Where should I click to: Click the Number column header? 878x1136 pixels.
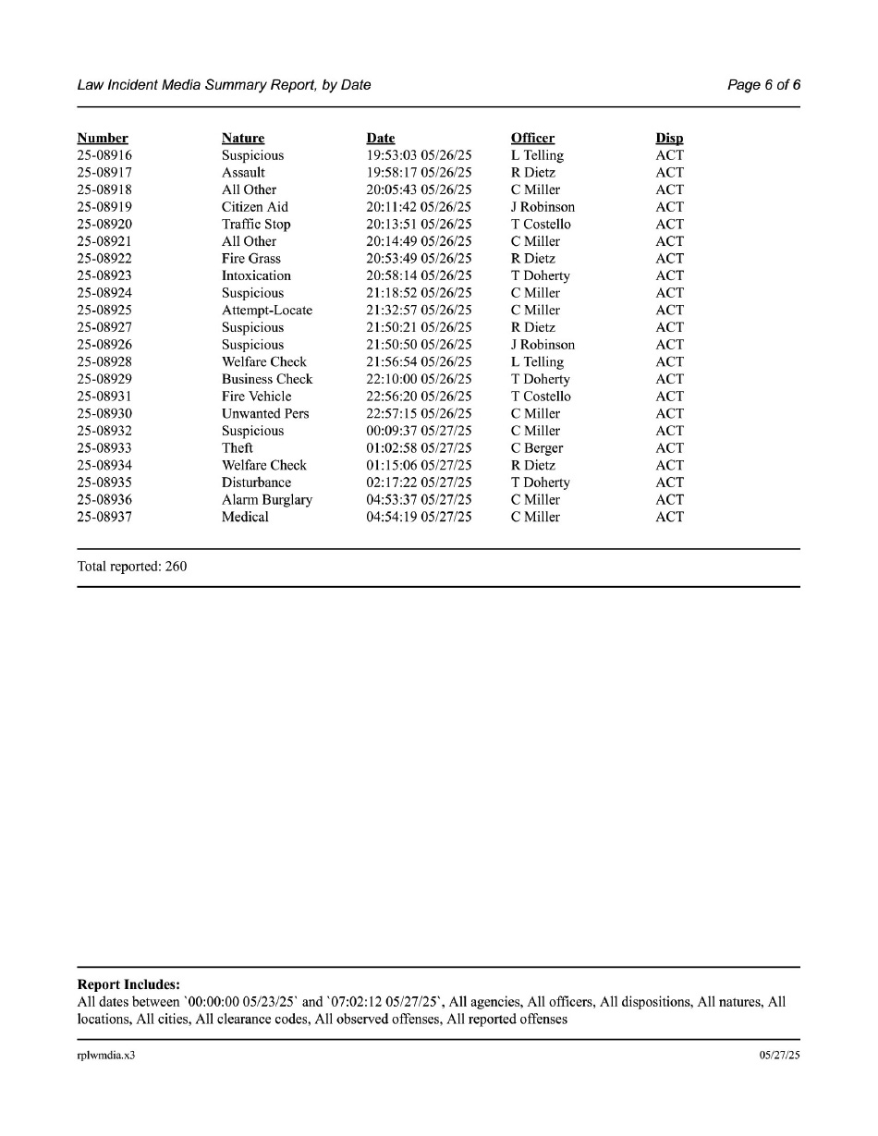pyautogui.click(x=103, y=139)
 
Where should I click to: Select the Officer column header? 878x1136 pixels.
pyautogui.click(x=532, y=139)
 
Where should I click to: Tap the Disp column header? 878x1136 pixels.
pyautogui.click(x=669, y=139)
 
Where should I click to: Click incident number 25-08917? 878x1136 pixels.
pyautogui.click(x=104, y=173)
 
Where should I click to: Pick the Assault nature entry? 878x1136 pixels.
pyautogui.click(x=243, y=173)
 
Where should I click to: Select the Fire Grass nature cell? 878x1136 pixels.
pyautogui.click(x=250, y=259)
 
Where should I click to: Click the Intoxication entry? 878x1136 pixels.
pyautogui.click(x=256, y=275)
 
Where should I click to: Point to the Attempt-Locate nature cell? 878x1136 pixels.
pyautogui.click(x=267, y=311)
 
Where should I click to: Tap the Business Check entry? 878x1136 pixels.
pyautogui.click(x=267, y=379)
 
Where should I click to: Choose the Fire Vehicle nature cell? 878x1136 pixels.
pyautogui.click(x=256, y=397)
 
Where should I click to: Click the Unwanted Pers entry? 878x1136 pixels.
pyautogui.click(x=265, y=413)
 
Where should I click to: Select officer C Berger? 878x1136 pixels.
pyautogui.click(x=537, y=448)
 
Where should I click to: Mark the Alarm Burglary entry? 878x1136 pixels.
pyautogui.click(x=267, y=500)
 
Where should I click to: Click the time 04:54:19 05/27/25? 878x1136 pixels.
pyautogui.click(x=419, y=517)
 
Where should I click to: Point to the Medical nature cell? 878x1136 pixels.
pyautogui.click(x=245, y=517)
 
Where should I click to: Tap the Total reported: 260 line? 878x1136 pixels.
pyautogui.click(x=132, y=567)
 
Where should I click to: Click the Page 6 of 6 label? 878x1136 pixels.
pyautogui.click(x=763, y=85)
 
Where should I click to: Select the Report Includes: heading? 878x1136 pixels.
pyautogui.click(x=128, y=985)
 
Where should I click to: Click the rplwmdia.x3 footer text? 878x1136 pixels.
pyautogui.click(x=106, y=1055)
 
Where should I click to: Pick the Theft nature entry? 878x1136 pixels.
pyautogui.click(x=238, y=448)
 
